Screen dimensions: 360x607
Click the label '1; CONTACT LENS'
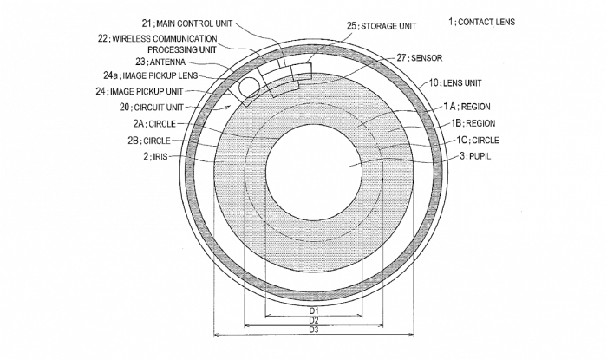[x=481, y=22]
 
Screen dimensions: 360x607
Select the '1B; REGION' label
[x=469, y=123]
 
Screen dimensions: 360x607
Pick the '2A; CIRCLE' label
[x=151, y=124]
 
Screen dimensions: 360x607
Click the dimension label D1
[x=314, y=310]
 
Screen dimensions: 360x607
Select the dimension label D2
[x=314, y=321]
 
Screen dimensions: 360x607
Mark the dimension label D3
[x=314, y=332]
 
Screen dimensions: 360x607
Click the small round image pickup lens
[x=249, y=87]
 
